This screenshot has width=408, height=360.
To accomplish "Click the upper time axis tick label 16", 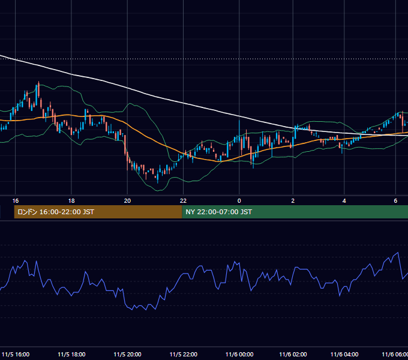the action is pos(16,201).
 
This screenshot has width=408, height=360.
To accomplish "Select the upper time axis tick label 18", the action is pos(71,201).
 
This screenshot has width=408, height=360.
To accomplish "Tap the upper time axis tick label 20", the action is pos(127,201).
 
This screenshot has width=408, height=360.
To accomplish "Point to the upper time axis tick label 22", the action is pos(183,201).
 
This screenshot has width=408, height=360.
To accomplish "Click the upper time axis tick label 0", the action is pos(239,201).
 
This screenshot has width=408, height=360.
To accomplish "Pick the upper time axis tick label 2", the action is pos(293,201).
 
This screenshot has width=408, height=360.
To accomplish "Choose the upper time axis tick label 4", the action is pos(344,201).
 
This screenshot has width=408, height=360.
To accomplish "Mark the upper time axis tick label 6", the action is pos(395,201).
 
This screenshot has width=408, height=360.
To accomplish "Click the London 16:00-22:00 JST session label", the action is pos(56,212).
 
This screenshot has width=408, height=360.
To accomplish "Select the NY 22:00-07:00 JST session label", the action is pos(218,212).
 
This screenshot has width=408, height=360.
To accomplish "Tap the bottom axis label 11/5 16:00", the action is pos(16,355).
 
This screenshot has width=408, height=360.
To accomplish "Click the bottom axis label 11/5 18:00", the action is pos(71,355).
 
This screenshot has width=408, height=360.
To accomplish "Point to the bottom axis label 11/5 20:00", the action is pos(127,355).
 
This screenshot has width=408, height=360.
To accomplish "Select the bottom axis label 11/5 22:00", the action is pos(184,355).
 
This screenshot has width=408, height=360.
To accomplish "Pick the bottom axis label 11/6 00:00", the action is pos(239,355).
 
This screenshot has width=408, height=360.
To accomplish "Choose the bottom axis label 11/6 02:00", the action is pos(293,355).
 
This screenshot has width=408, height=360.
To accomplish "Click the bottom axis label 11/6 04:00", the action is pos(344,355).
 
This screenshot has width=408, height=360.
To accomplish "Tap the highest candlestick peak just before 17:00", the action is pos(38,82).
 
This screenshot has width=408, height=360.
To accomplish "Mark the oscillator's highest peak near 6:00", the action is pos(398,253).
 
